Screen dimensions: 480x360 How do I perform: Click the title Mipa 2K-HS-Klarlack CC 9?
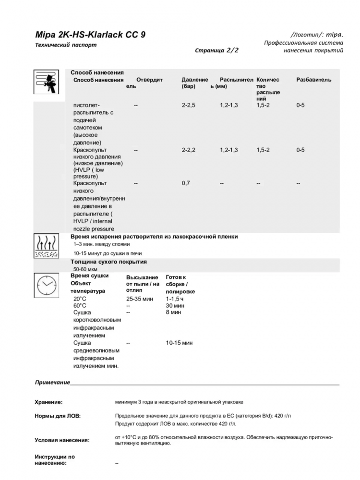(x=91, y=35)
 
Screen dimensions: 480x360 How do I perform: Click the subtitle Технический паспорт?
(x=66, y=45)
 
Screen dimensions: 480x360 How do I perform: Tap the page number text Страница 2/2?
(x=216, y=49)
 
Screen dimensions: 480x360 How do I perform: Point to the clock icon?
(x=47, y=284)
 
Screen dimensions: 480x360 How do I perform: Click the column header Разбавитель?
(x=313, y=80)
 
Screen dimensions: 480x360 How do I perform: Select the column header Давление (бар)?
(x=194, y=83)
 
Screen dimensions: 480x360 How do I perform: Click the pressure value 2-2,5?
(x=189, y=105)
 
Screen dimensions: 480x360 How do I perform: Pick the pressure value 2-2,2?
(x=189, y=150)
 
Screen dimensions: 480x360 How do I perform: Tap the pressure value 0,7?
(x=186, y=183)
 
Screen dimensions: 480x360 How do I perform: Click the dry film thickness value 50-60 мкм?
(x=86, y=269)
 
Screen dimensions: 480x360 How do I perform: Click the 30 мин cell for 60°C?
(x=175, y=305)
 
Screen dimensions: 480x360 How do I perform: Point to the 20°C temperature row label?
(x=80, y=299)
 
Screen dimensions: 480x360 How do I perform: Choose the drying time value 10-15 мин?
(x=179, y=343)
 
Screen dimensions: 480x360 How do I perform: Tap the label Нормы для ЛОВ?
(x=58, y=416)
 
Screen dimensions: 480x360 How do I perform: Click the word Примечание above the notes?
(x=52, y=383)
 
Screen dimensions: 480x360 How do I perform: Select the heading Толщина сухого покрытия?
(x=108, y=262)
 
